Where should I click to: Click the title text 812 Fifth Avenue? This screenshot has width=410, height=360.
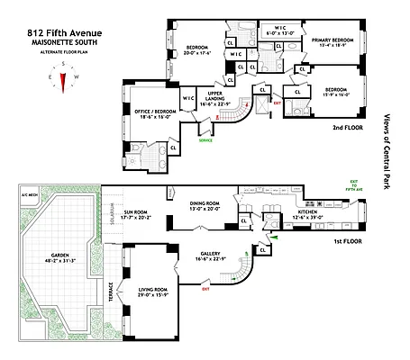click(62, 34)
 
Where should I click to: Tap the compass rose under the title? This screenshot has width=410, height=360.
click(62, 81)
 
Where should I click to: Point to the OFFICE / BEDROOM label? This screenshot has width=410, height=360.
click(155, 112)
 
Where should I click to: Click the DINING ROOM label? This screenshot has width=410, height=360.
click(205, 205)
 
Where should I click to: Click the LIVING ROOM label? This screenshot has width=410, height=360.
click(149, 291)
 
